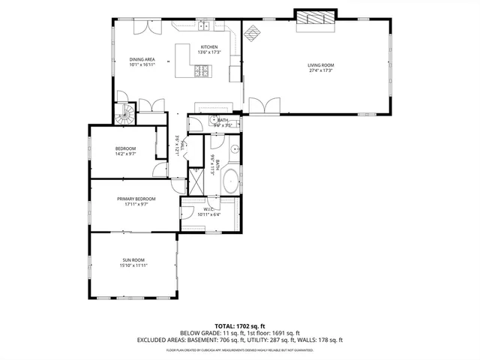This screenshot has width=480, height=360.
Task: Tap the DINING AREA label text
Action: [x=142, y=59]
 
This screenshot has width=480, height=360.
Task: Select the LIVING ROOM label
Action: [x=320, y=65]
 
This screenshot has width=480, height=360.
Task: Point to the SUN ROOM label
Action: [x=133, y=259]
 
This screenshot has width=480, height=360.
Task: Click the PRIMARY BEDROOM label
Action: [x=136, y=198]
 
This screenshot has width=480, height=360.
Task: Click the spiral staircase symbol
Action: [x=124, y=114]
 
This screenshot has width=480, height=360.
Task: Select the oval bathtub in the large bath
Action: [x=229, y=181]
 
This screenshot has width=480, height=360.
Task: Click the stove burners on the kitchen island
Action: [x=202, y=72]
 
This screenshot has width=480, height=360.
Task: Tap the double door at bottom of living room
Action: [x=262, y=106]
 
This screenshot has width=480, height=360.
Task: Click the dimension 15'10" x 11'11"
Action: [x=133, y=265]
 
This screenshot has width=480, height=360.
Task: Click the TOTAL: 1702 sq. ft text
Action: [x=239, y=326]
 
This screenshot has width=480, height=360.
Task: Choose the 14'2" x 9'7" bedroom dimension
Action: [x=125, y=154]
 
